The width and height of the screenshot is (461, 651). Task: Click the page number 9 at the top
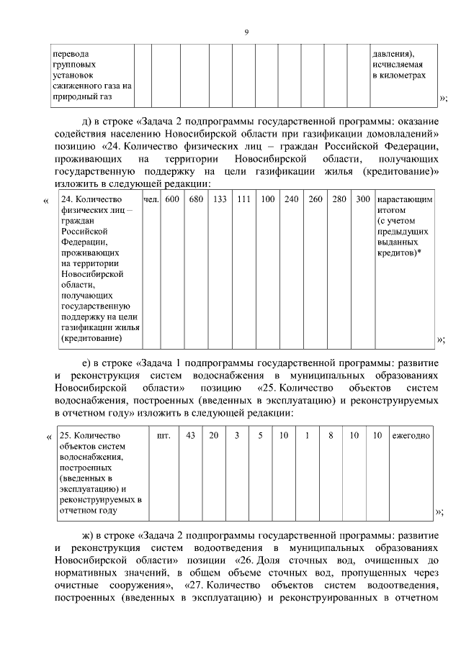tap(246, 32)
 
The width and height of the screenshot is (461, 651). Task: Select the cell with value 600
tap(172, 199)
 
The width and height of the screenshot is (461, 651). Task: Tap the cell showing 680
tap(196, 199)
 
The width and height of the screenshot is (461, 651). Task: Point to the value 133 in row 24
tap(220, 199)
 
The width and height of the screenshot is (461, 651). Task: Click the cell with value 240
tap(291, 199)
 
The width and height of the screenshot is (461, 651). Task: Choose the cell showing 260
tap(315, 199)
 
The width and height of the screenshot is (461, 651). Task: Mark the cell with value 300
tap(362, 199)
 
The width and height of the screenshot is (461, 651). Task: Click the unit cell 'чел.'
tap(151, 199)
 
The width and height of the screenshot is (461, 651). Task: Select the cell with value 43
tap(190, 436)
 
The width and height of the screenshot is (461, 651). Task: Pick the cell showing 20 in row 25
tap(213, 436)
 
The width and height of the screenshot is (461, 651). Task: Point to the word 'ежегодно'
tap(411, 436)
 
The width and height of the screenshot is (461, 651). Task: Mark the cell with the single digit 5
tap(260, 436)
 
